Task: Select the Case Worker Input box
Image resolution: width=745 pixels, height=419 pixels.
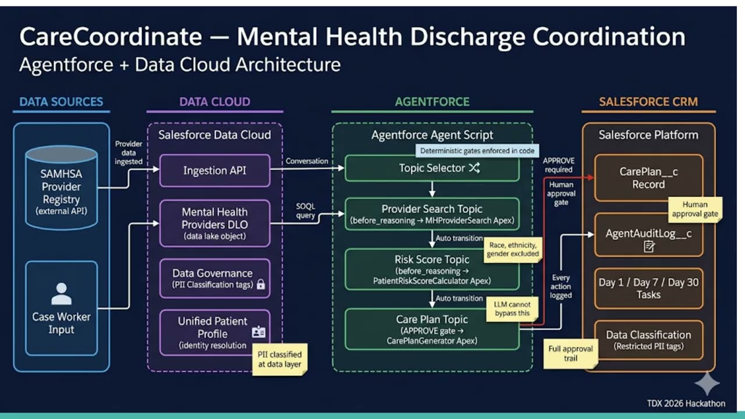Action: coord(61,308)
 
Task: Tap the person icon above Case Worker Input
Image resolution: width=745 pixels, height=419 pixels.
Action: coord(61,294)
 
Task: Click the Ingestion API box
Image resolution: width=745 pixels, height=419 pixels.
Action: coord(215,171)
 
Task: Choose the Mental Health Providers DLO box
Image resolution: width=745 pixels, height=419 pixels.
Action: coord(215,223)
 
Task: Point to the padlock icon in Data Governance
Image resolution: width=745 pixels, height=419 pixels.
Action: coord(261,285)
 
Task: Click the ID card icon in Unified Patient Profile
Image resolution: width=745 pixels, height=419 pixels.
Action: coord(258,332)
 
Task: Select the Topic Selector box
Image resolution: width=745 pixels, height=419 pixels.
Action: coord(432,168)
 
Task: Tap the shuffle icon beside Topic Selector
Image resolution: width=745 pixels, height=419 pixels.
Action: coord(474,168)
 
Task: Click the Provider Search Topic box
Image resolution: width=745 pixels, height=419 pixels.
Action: coord(432,214)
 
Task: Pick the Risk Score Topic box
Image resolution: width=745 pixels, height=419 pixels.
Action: coord(432,269)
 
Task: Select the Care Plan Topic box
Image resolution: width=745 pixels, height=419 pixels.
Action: coord(432,329)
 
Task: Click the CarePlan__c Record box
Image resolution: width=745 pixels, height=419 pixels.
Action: coord(648,177)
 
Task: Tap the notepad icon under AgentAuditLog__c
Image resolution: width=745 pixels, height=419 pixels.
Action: coord(648,246)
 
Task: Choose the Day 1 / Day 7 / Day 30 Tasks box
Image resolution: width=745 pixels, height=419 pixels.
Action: coord(648,288)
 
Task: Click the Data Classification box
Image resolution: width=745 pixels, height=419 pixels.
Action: coord(648,340)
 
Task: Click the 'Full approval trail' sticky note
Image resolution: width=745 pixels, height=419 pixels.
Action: coord(570,353)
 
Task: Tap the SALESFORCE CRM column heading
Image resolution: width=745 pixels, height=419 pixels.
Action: coord(648,102)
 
